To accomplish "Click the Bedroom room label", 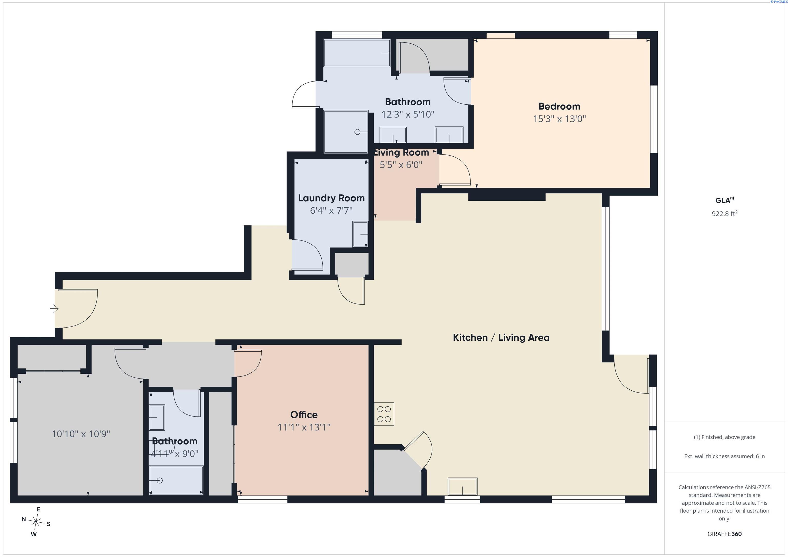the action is click(x=559, y=106).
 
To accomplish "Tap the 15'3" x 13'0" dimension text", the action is click(x=559, y=119).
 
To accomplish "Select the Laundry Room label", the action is click(x=331, y=198).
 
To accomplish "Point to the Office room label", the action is click(x=304, y=415).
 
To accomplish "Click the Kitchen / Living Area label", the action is click(x=501, y=338).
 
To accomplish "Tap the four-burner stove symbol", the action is click(x=384, y=414).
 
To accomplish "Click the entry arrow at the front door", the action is click(x=54, y=309).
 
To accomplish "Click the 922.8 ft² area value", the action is click(x=724, y=213).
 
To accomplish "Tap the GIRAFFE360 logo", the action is click(x=724, y=534).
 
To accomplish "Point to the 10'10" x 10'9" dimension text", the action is click(x=81, y=434).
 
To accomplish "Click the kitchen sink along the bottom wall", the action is click(x=462, y=486).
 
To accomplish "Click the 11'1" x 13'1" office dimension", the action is click(x=304, y=427).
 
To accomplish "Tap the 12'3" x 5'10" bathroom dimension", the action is click(x=408, y=114).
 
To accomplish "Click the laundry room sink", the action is click(x=360, y=234).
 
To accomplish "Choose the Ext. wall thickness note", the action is click(x=724, y=456).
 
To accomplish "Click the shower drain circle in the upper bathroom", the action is click(x=357, y=132).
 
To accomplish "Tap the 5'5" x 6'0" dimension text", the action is click(x=401, y=165).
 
